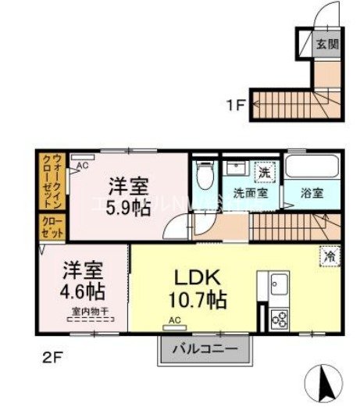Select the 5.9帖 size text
click(x=129, y=209)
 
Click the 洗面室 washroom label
click(x=249, y=194)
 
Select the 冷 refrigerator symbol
click(x=328, y=254)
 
